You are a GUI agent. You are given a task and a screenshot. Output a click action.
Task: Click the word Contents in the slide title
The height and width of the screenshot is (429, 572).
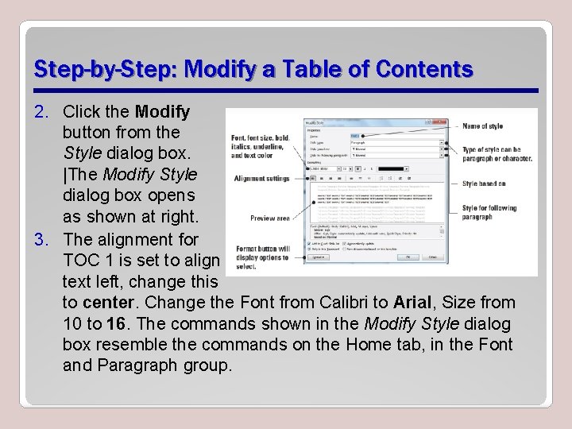click(426, 70)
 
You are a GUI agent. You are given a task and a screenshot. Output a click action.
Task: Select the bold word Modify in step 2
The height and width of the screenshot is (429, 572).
click(163, 111)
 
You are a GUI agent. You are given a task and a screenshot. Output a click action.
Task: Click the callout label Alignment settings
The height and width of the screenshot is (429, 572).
click(261, 179)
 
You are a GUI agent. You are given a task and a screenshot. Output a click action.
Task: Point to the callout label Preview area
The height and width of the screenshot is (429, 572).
click(269, 218)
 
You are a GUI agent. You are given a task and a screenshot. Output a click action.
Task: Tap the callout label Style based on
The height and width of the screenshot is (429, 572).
click(484, 184)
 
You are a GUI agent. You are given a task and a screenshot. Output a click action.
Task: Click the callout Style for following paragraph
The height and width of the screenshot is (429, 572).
click(489, 212)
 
